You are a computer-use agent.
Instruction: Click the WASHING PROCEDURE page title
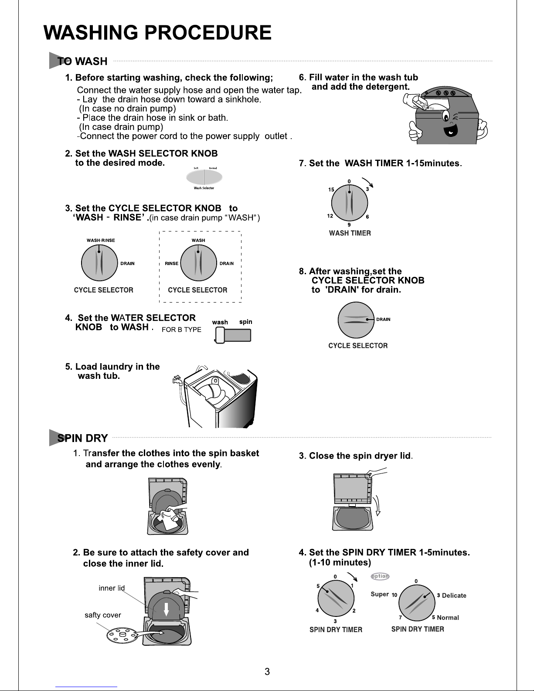tap(158, 33)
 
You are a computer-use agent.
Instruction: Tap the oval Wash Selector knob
tap(204, 177)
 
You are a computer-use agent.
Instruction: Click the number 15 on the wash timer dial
tap(331, 190)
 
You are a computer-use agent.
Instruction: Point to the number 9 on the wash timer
tap(349, 225)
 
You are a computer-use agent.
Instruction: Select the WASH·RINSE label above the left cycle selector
tap(101, 240)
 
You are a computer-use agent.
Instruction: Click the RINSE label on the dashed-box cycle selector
tap(171, 263)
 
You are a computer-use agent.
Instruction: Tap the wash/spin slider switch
tap(233, 335)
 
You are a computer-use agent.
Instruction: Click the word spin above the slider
tap(246, 322)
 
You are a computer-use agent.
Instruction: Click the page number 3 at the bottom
tap(267, 671)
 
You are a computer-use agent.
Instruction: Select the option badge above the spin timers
tap(380, 576)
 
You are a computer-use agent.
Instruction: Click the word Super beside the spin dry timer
tap(379, 594)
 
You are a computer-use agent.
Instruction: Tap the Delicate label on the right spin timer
tap(454, 596)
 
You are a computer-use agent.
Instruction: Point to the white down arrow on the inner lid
tap(166, 609)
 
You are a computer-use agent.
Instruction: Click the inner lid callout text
tap(112, 588)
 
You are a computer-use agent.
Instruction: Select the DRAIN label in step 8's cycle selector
tap(383, 320)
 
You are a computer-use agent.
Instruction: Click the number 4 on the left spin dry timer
tap(317, 610)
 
